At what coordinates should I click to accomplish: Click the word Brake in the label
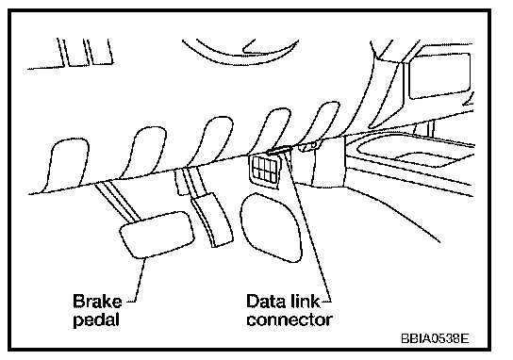click(97, 302)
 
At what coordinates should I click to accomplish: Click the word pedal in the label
click(96, 319)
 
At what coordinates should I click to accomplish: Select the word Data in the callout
click(265, 301)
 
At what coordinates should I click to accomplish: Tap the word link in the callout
click(305, 301)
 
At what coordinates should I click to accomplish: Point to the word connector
click(290, 319)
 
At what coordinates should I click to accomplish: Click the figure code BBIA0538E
click(435, 338)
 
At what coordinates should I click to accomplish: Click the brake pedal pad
click(157, 235)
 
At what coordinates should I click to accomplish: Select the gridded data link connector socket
click(265, 172)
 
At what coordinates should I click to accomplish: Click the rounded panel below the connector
click(271, 227)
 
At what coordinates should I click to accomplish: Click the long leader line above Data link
click(307, 225)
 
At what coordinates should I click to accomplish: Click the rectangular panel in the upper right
click(440, 75)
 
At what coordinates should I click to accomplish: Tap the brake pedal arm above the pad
click(119, 201)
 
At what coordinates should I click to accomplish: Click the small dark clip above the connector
click(279, 150)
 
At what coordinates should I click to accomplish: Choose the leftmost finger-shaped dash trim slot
click(64, 165)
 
